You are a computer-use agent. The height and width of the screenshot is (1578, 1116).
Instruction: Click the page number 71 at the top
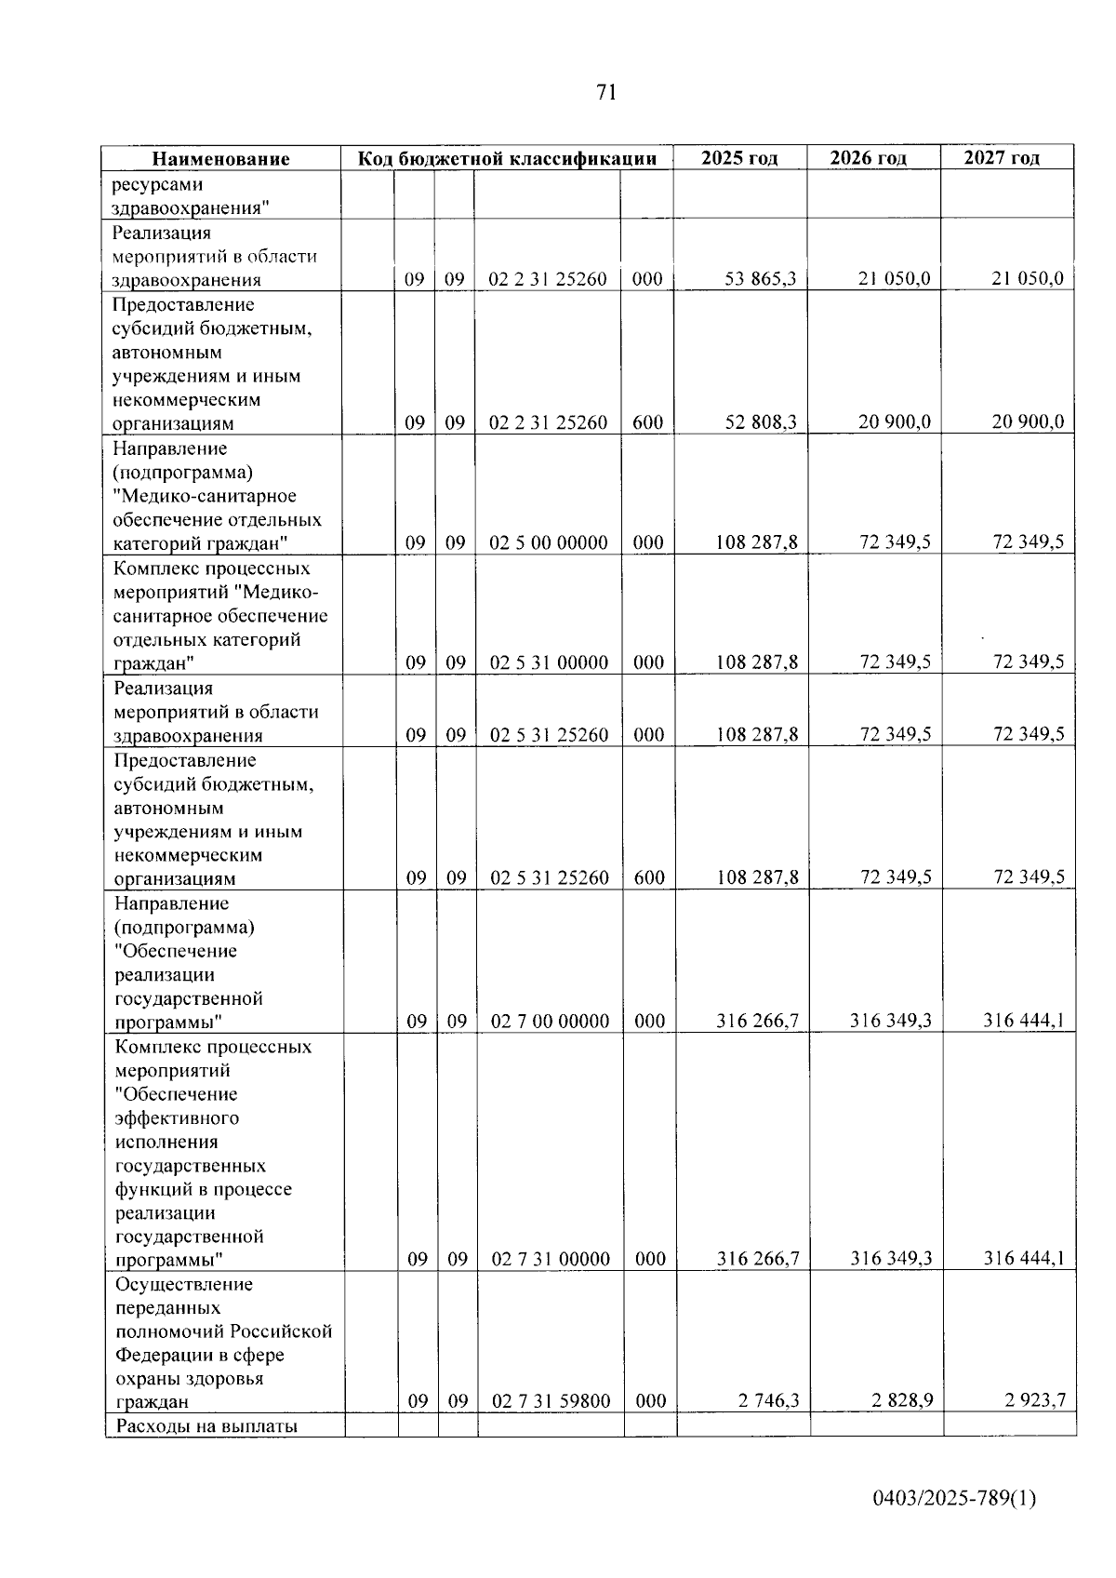[x=605, y=92]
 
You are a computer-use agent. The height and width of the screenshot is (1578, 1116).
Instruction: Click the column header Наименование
[x=221, y=159]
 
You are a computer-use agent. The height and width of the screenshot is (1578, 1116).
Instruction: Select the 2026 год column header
[x=869, y=158]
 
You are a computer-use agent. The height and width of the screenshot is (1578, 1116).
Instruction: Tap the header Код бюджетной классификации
[x=508, y=158]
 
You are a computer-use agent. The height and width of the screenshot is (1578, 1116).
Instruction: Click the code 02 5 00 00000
[x=549, y=542]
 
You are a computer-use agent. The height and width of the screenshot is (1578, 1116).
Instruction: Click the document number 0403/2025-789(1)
[x=954, y=1499]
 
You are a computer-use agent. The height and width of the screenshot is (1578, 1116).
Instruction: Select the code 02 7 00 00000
[x=550, y=1021]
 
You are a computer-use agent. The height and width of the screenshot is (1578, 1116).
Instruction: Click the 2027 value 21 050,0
[x=1028, y=278]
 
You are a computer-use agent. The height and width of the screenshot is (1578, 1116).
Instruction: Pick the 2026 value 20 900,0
[x=894, y=422]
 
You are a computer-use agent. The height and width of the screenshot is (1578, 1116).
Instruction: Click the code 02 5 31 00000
[x=549, y=662]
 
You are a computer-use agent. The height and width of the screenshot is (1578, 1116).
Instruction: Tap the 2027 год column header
[x=1002, y=158]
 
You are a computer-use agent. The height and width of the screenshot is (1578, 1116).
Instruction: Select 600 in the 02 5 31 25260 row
[x=648, y=877]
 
